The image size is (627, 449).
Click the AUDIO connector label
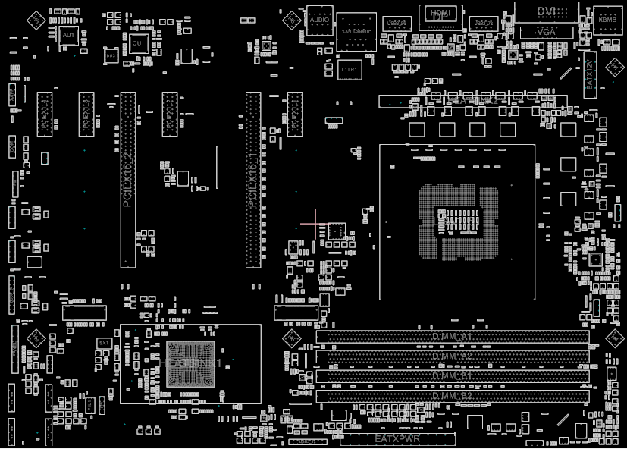[320, 20]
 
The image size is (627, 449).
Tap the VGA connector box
[544, 33]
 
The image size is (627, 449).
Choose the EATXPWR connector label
[397, 439]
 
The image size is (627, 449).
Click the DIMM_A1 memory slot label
[452, 336]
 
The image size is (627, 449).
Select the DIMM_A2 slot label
[452, 356]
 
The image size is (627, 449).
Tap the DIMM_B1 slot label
[452, 376]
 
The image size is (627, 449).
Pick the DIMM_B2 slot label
[452, 396]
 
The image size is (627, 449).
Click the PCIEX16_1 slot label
[252, 179]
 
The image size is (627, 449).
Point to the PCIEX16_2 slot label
[127, 179]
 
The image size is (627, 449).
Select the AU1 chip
[68, 36]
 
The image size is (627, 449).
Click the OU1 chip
[138, 44]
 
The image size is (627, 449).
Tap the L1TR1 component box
[350, 69]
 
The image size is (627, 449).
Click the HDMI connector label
[439, 14]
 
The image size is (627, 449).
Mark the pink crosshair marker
[315, 224]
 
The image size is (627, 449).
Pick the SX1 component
[105, 343]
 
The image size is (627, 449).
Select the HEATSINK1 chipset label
[190, 363]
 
